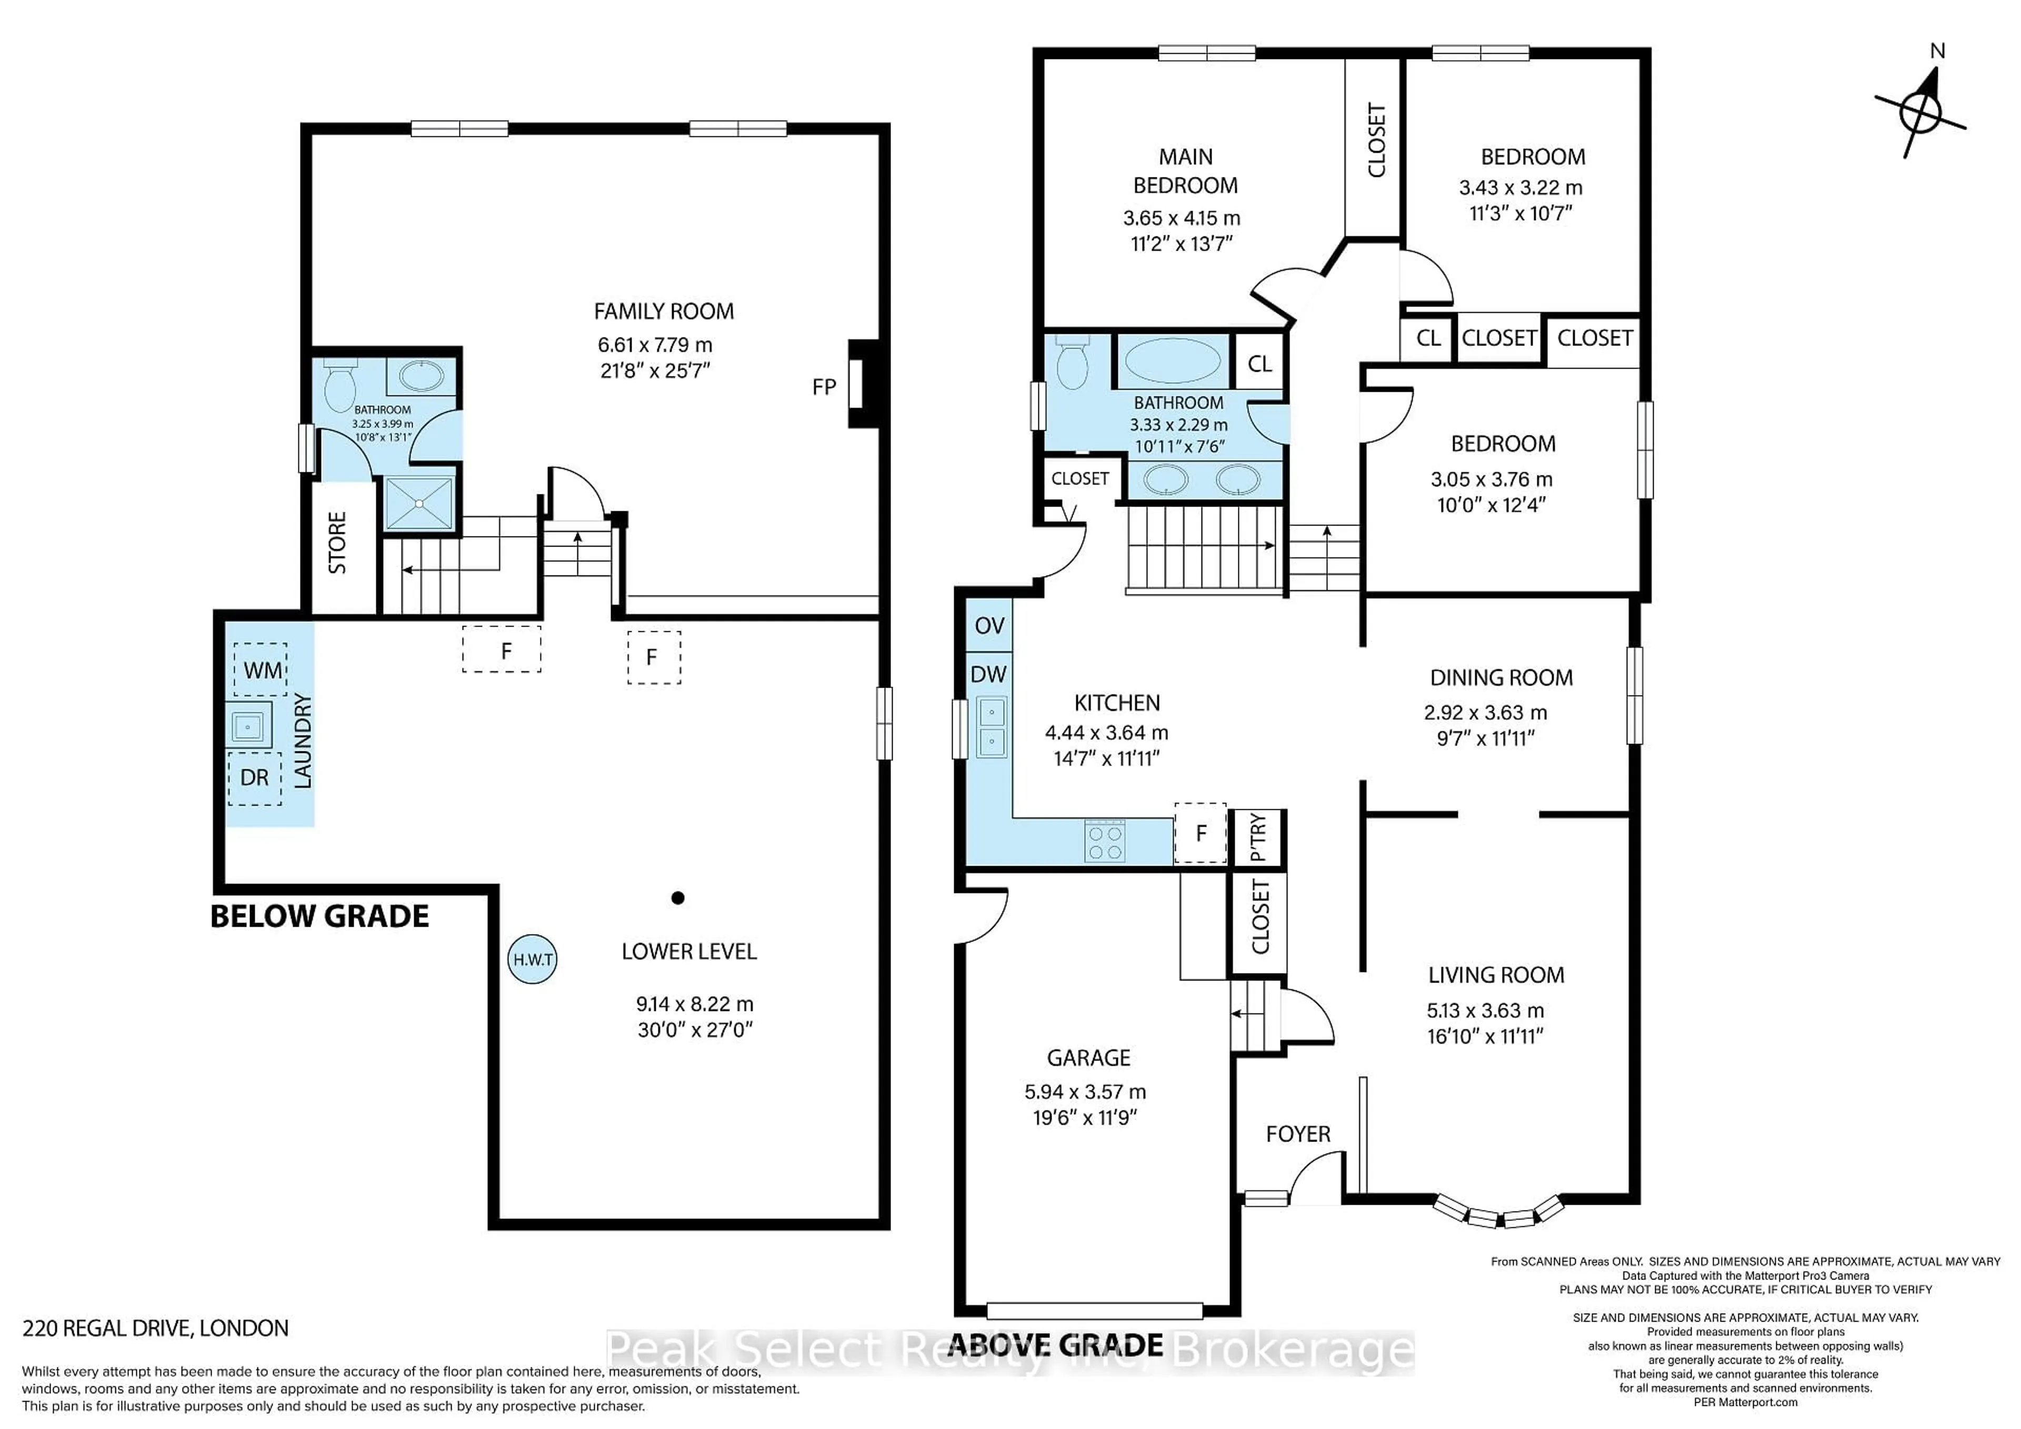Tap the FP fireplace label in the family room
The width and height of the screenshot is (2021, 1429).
pyautogui.click(x=824, y=386)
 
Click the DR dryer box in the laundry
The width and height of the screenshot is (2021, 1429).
pyautogui.click(x=254, y=778)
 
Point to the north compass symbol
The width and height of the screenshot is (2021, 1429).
pyautogui.click(x=1920, y=113)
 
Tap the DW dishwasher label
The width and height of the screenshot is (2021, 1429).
pyautogui.click(x=988, y=674)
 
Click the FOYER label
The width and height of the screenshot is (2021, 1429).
pyautogui.click(x=1297, y=1134)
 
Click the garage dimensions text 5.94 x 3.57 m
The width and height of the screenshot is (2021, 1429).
pyautogui.click(x=1084, y=1092)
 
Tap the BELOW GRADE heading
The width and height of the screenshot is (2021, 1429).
pyautogui.click(x=319, y=917)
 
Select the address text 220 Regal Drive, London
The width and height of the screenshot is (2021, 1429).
pyautogui.click(x=156, y=1328)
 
